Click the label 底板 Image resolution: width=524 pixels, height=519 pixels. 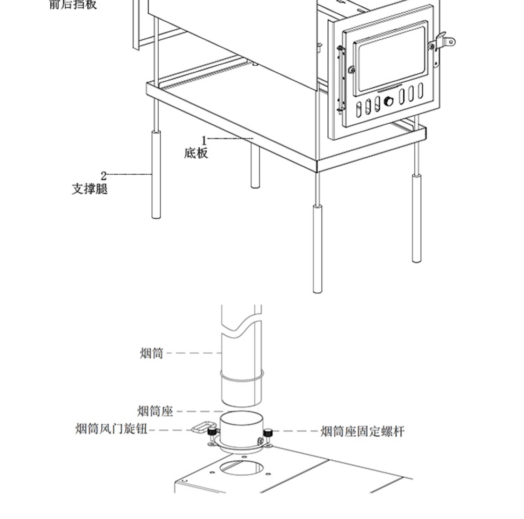[196, 153]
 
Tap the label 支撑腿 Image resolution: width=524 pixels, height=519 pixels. [90, 189]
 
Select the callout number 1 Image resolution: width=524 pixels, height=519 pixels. [204, 141]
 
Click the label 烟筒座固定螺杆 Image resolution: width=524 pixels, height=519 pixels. [362, 432]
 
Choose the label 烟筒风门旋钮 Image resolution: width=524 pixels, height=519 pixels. [111, 429]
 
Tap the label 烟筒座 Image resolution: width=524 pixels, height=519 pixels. [155, 411]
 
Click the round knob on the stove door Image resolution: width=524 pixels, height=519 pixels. [388, 102]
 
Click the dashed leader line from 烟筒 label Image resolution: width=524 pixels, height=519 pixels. [194, 353]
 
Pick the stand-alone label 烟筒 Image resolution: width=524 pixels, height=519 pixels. [152, 353]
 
